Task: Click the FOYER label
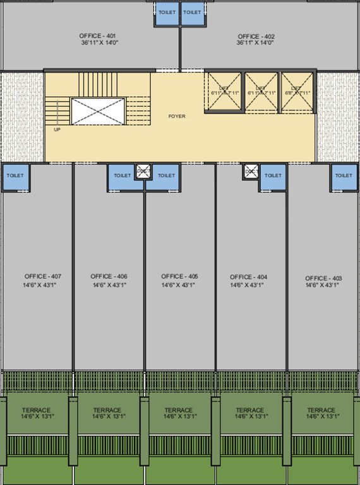(x=177, y=116)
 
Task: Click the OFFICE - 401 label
(x=98, y=36)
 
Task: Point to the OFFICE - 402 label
(x=256, y=36)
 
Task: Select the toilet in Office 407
(x=15, y=176)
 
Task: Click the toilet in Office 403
(x=344, y=176)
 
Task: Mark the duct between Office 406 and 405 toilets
(x=143, y=172)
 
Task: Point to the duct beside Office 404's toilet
(x=251, y=172)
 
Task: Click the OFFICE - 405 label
(x=179, y=277)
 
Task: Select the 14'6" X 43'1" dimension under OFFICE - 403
(x=322, y=286)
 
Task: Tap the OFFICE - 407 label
(x=43, y=277)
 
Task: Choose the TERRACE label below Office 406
(x=107, y=410)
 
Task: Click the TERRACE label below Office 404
(x=250, y=410)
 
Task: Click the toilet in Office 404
(x=273, y=176)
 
